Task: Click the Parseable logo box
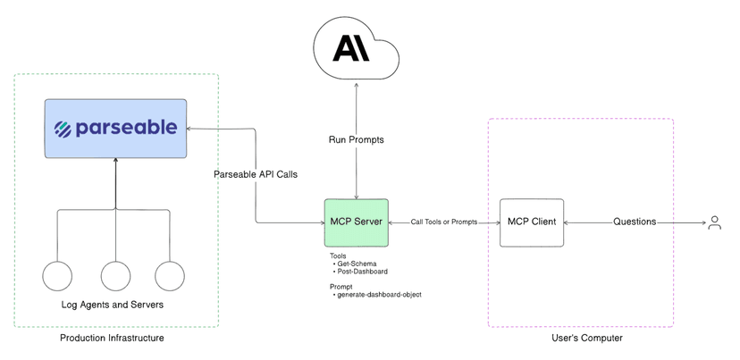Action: tap(116, 129)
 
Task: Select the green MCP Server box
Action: tap(356, 222)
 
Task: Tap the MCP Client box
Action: tap(532, 222)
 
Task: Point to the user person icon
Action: tap(714, 222)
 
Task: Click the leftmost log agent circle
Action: tap(57, 276)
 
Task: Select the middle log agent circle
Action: tap(115, 276)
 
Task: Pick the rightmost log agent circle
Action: tap(170, 276)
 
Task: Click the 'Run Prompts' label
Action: tap(357, 140)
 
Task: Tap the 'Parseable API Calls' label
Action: tap(256, 173)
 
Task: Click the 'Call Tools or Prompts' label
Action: tap(444, 222)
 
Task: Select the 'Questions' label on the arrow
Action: tap(634, 222)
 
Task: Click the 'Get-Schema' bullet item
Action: tap(357, 264)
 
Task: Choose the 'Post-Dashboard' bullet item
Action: tap(362, 272)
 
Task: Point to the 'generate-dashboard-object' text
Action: tap(379, 294)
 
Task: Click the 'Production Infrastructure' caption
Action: tap(112, 339)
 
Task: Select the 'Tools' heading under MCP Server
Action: tap(338, 256)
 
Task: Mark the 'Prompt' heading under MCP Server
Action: tap(341, 286)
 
